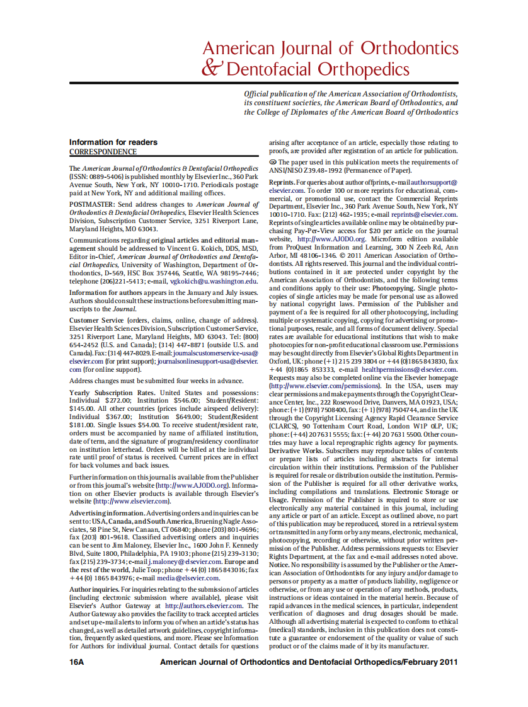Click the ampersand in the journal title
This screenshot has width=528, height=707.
pyautogui.click(x=212, y=68)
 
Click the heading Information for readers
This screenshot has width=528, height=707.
pyautogui.click(x=113, y=142)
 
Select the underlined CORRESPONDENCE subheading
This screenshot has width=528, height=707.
pyautogui.click(x=103, y=152)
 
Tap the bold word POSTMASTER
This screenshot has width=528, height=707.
pyautogui.click(x=88, y=205)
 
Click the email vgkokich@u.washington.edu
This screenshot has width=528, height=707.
pyautogui.click(x=214, y=281)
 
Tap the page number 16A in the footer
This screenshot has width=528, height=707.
pyautogui.click(x=77, y=662)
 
